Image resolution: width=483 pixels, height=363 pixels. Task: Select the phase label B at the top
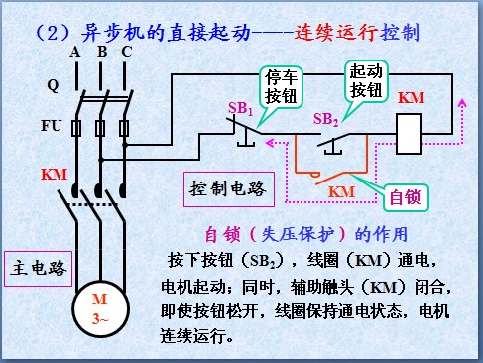(100, 51)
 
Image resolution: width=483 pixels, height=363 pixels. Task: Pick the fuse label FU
(52, 127)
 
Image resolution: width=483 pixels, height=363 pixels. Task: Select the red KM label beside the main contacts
(55, 175)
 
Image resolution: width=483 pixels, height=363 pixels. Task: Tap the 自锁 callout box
(404, 195)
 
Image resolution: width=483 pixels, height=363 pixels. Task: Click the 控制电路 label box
(227, 187)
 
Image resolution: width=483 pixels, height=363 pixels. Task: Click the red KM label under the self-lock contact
(342, 189)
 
